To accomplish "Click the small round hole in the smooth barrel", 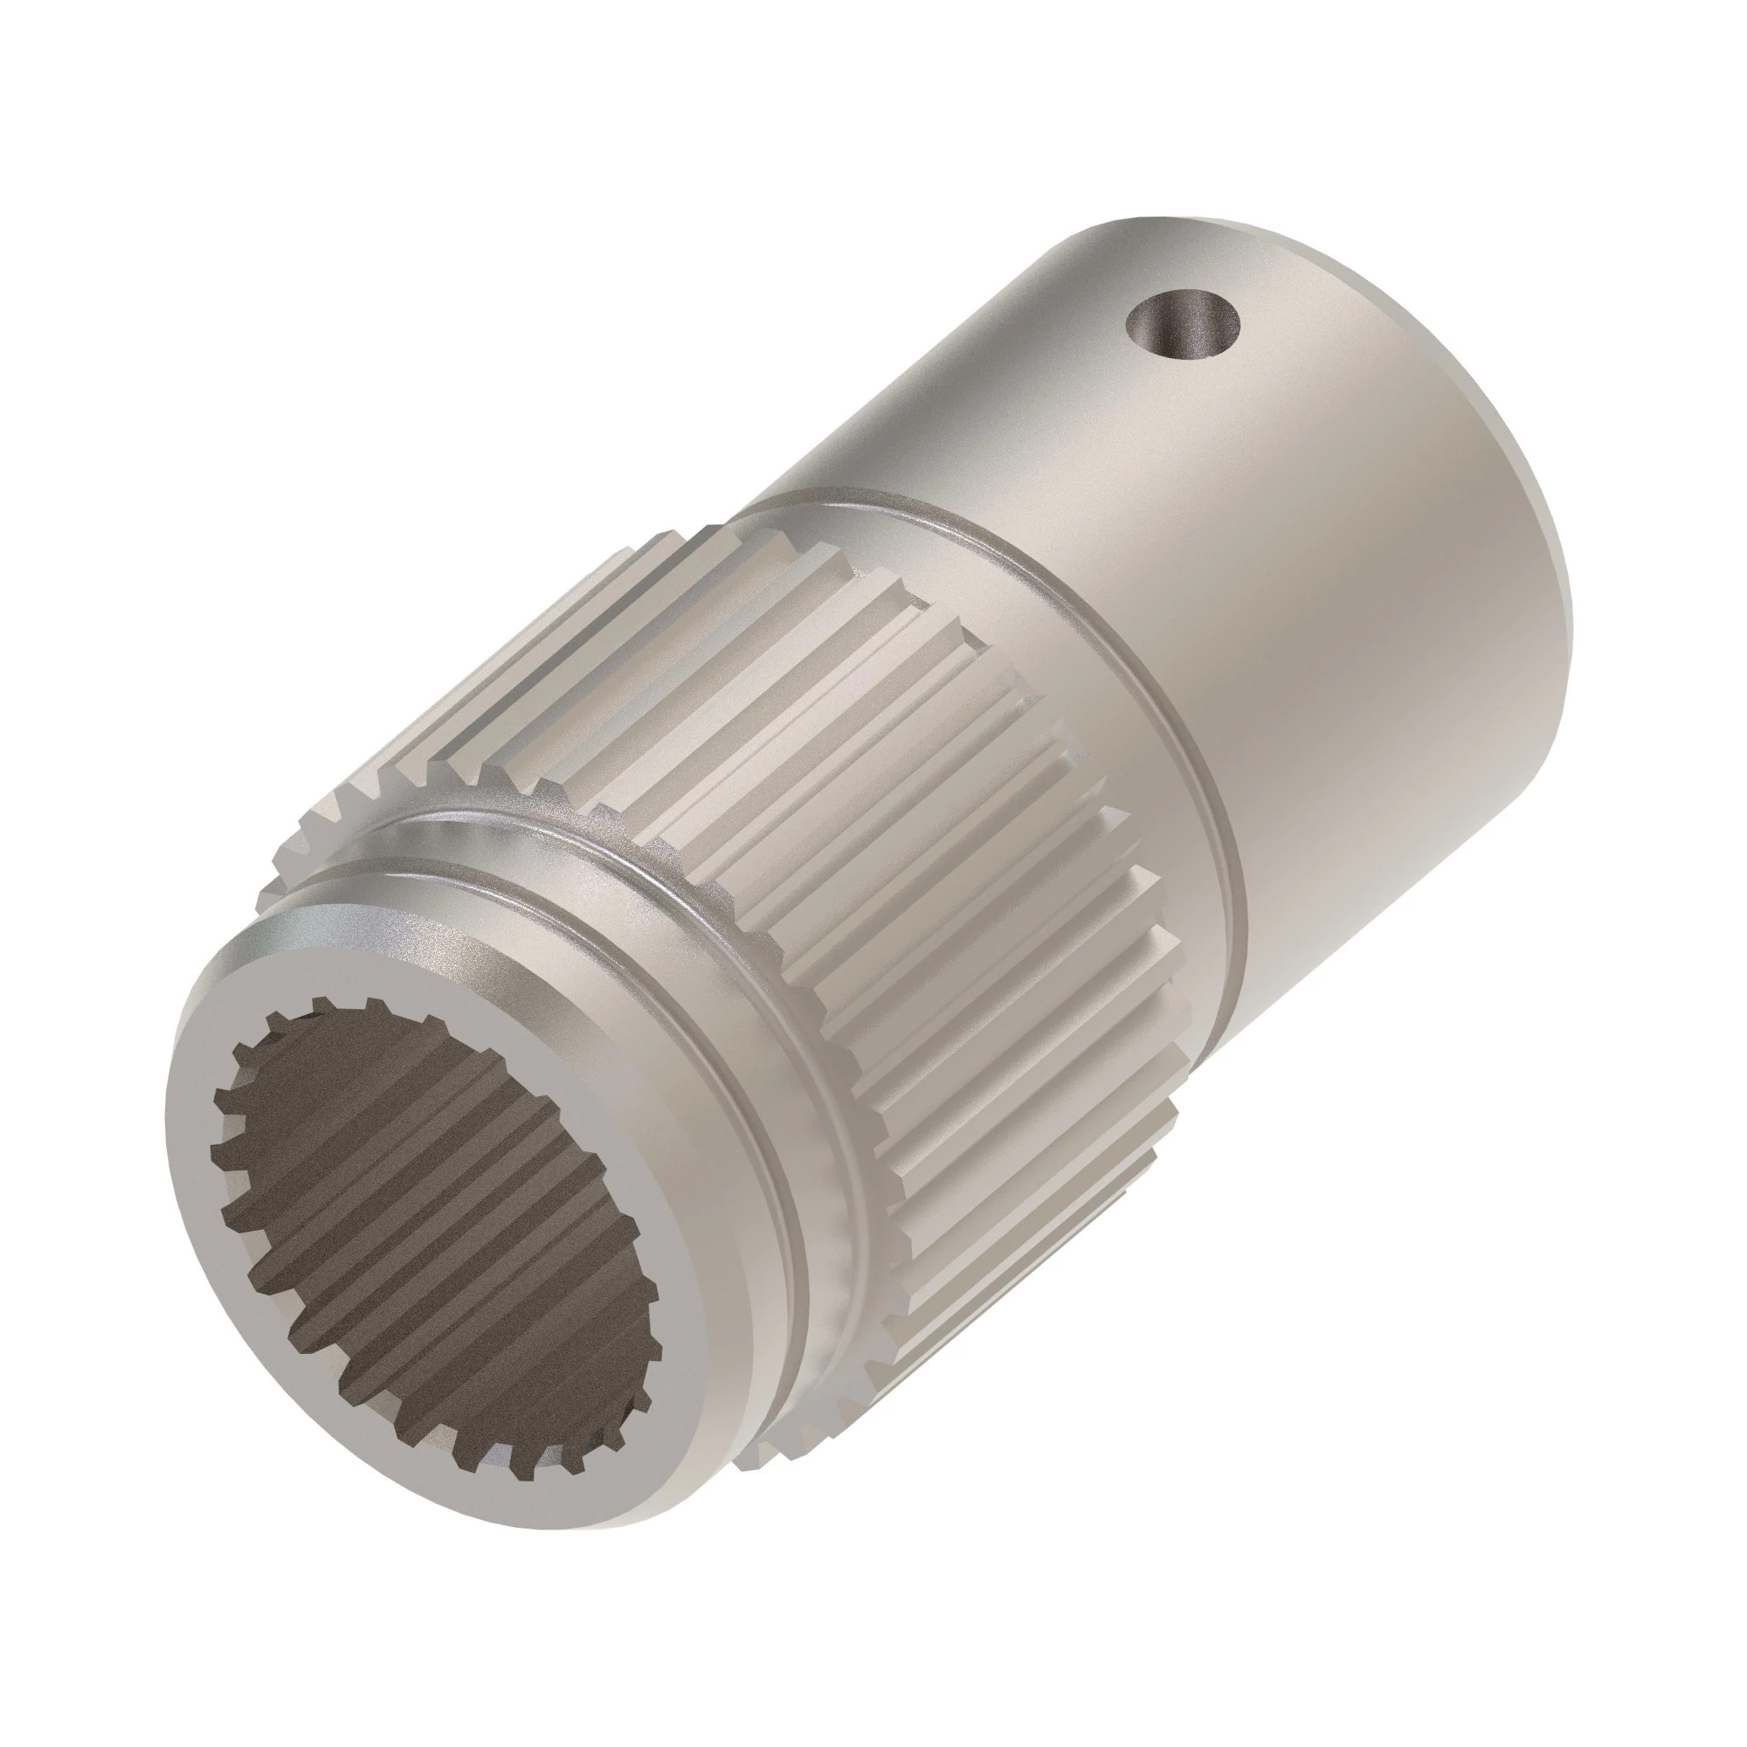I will (x=1181, y=327).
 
